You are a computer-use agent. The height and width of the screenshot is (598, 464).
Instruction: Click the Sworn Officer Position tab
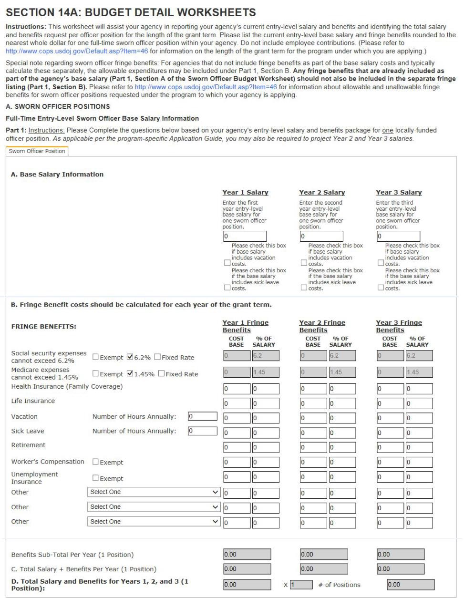pyautogui.click(x=37, y=151)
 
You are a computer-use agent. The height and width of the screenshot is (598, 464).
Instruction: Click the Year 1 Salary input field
pyautogui.click(x=244, y=236)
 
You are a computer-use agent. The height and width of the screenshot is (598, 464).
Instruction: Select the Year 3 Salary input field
pyautogui.click(x=398, y=236)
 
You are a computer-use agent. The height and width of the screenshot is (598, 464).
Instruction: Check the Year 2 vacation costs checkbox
pyautogui.click(x=304, y=263)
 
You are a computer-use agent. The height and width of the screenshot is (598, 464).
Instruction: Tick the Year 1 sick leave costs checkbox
pyautogui.click(x=227, y=288)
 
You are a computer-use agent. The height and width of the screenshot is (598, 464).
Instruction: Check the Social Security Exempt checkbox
pyautogui.click(x=95, y=357)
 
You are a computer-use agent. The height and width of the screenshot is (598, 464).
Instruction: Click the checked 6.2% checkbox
pyautogui.click(x=130, y=357)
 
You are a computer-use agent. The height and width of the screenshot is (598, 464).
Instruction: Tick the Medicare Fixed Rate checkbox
pyautogui.click(x=161, y=374)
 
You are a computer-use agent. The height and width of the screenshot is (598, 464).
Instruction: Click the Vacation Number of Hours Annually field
pyautogui.click(x=202, y=416)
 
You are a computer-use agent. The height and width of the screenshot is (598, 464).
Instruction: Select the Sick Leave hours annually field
pyautogui.click(x=202, y=431)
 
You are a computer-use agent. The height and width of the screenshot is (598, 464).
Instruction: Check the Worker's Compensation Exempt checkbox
pyautogui.click(x=95, y=462)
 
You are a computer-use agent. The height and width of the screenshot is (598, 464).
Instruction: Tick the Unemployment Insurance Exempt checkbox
pyautogui.click(x=95, y=478)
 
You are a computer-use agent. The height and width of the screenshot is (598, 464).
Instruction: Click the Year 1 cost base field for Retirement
pyautogui.click(x=237, y=447)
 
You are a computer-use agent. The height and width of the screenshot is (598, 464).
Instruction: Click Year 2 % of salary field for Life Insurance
pyautogui.click(x=342, y=403)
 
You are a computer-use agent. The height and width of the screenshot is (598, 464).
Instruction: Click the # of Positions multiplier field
pyautogui.click(x=301, y=585)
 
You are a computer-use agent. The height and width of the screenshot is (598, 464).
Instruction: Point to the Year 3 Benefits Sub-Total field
pyautogui.click(x=400, y=555)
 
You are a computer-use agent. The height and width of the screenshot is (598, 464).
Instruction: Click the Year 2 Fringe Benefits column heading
pyautogui.click(x=322, y=326)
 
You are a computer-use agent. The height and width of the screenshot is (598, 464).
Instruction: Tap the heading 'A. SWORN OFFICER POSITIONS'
pyautogui.click(x=58, y=106)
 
